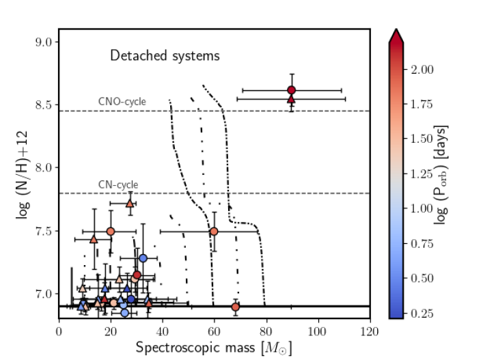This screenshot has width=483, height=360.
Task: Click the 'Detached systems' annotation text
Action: pyautogui.click(x=165, y=56)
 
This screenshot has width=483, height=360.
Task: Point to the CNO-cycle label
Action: pyautogui.click(x=122, y=102)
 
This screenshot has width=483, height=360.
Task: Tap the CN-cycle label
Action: pyautogui.click(x=118, y=184)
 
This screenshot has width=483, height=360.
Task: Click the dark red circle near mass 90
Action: pyautogui.click(x=292, y=90)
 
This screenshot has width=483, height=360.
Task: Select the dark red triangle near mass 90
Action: pyautogui.click(x=292, y=99)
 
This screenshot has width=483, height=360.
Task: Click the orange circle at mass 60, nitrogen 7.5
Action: pyautogui.click(x=214, y=232)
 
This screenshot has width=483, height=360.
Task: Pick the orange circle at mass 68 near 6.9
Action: pyautogui.click(x=236, y=307)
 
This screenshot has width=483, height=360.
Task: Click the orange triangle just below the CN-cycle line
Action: pyautogui.click(x=130, y=203)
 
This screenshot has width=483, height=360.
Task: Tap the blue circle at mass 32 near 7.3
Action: pyautogui.click(x=143, y=258)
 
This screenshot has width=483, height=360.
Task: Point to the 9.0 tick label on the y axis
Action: pyautogui.click(x=43, y=42)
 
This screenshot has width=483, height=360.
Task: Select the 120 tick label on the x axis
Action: pyautogui.click(x=370, y=332)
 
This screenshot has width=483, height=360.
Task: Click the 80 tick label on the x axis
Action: pyautogui.click(x=266, y=332)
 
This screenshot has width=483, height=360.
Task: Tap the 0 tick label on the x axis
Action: pyautogui.click(x=59, y=332)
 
